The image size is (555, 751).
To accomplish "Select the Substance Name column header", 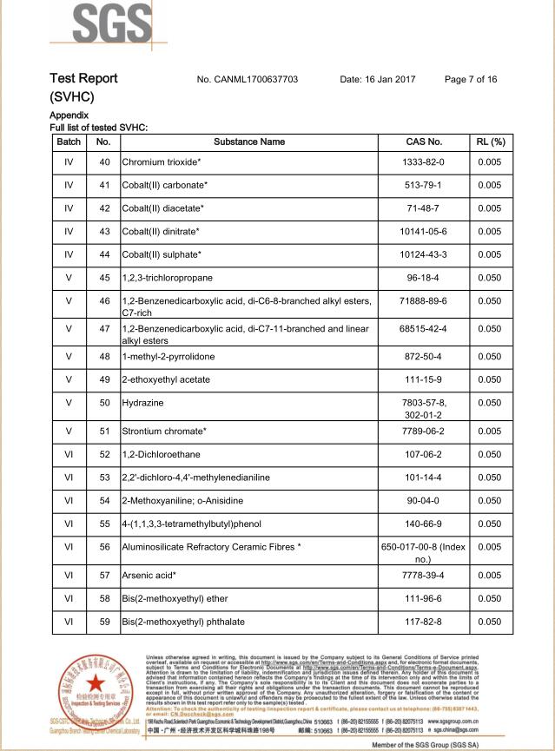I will tap(248, 141).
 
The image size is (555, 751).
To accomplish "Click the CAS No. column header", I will tap(424, 141).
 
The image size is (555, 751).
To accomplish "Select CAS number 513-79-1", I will tap(424, 185).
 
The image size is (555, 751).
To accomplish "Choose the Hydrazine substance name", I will tap(143, 403).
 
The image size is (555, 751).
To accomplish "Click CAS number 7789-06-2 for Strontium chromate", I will tap(424, 431).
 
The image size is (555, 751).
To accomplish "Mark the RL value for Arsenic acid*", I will tap(490, 575).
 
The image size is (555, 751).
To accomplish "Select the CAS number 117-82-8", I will tap(424, 622).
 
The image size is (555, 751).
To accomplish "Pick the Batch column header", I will tap(68, 141).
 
